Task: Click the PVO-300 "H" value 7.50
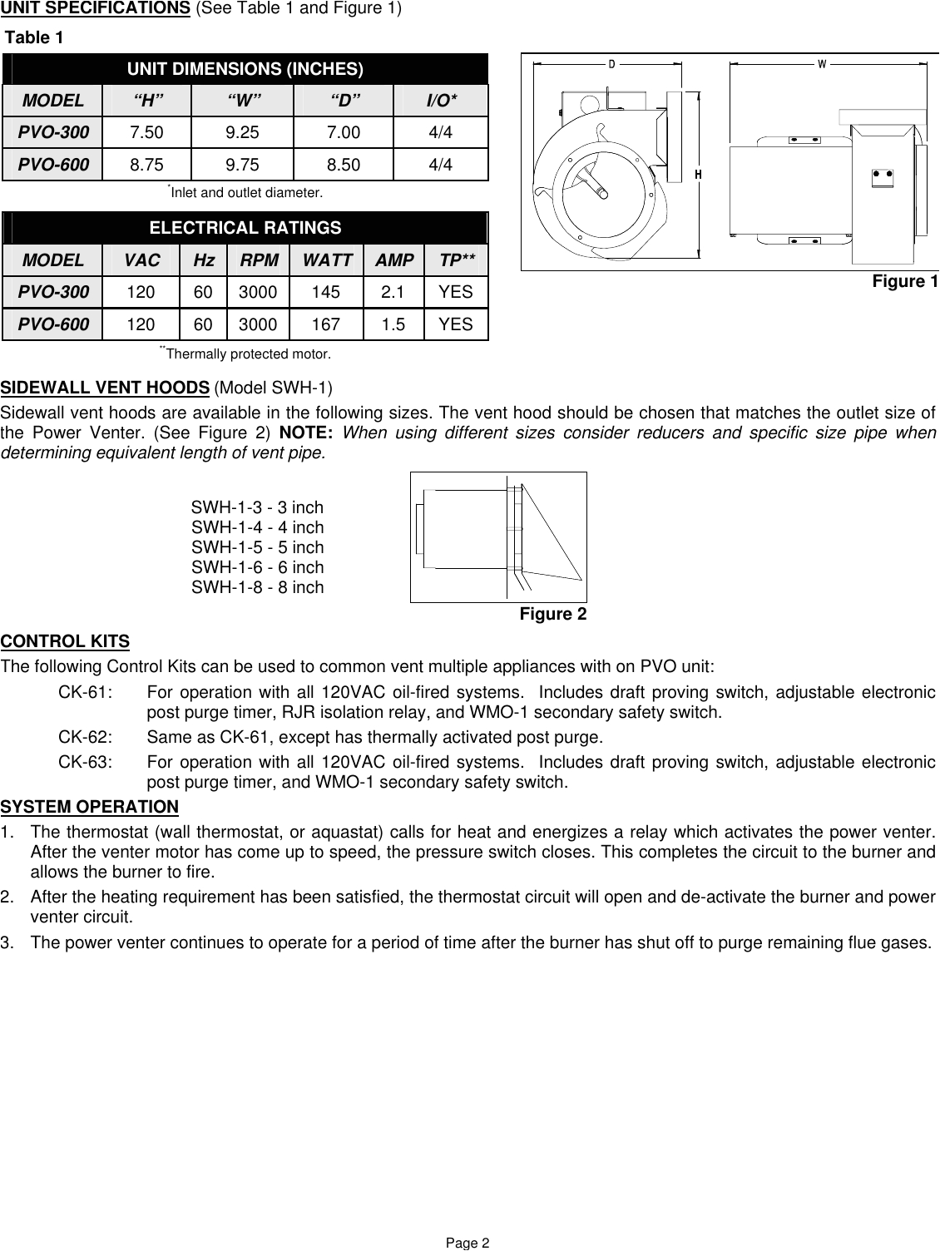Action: point(147,132)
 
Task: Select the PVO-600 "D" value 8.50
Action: point(344,165)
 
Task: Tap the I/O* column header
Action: point(441,101)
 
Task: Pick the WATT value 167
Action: point(327,324)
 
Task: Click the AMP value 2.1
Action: point(394,292)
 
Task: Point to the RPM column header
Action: point(260,260)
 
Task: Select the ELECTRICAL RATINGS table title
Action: point(245,228)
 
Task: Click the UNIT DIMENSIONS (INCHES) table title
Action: point(245,69)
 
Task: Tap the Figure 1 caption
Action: point(904,282)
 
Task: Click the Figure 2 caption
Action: point(552,615)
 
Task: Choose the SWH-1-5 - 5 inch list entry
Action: point(258,547)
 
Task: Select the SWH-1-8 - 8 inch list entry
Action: point(258,587)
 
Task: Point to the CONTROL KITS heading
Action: point(65,642)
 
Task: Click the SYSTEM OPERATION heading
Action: point(89,807)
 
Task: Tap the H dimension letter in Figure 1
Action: point(699,175)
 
